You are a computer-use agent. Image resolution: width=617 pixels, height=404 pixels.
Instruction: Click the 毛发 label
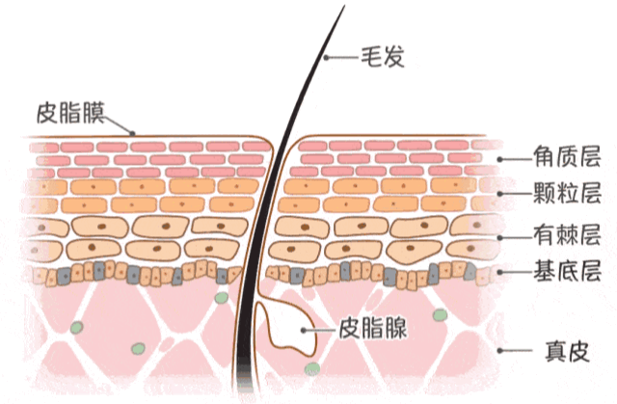(x=383, y=57)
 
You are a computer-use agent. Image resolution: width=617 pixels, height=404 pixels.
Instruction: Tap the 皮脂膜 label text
(x=70, y=113)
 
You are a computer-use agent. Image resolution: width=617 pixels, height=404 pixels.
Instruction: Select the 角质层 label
(x=567, y=156)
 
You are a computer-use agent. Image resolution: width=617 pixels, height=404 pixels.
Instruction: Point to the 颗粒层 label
(x=567, y=193)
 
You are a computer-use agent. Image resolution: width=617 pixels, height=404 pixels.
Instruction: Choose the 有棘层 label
(x=567, y=234)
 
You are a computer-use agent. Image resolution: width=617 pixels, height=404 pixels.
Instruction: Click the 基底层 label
(x=567, y=271)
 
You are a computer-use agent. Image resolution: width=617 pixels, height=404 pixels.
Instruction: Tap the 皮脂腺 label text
(x=373, y=328)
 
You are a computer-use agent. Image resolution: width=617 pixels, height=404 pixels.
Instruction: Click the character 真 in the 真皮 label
(x=555, y=351)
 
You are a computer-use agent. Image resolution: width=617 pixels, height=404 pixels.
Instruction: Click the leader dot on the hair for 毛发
(x=326, y=58)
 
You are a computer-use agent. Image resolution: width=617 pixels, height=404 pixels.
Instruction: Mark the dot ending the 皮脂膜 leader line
(x=133, y=133)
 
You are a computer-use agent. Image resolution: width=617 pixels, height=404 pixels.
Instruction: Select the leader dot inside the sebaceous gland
(x=304, y=330)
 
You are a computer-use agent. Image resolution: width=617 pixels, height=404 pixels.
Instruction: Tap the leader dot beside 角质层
(x=499, y=159)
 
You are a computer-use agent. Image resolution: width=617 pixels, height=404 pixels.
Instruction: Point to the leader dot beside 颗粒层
(x=499, y=194)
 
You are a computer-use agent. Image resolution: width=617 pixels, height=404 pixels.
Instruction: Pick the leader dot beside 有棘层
(x=499, y=237)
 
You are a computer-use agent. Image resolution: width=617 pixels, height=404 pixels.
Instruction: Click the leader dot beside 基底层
(x=499, y=272)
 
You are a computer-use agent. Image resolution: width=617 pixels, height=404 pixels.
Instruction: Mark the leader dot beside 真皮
(x=499, y=350)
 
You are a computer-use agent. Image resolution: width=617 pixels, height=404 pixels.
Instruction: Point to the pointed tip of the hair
(x=344, y=6)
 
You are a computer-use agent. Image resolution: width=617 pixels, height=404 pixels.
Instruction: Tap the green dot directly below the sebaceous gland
(x=312, y=368)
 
